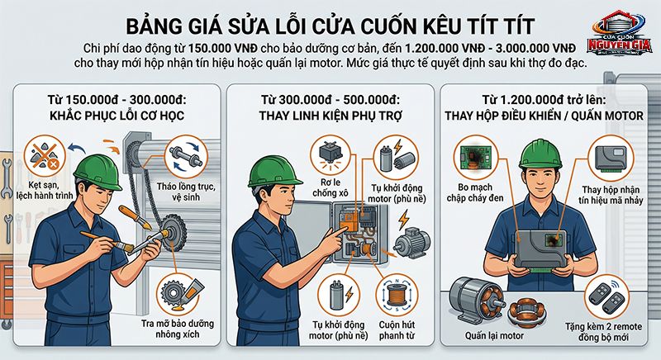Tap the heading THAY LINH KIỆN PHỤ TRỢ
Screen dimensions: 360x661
click(x=331, y=116)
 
